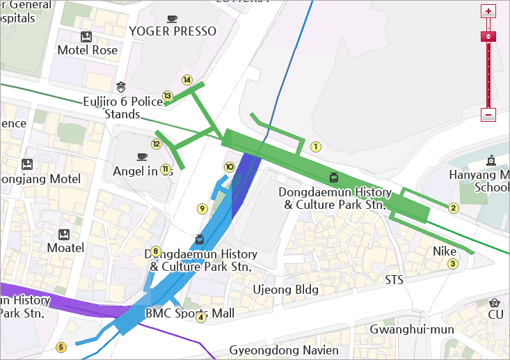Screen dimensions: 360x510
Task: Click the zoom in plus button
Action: tap(488, 11)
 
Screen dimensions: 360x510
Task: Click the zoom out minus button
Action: tap(488, 115)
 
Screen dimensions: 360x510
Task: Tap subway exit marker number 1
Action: tap(315, 146)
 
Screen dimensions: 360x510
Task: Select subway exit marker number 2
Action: tap(454, 208)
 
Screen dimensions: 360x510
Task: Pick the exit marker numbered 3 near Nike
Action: tap(452, 263)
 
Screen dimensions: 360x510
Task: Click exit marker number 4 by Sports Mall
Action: tap(201, 318)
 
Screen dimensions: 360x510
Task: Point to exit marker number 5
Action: tap(61, 347)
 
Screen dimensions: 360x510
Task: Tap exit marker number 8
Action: tap(156, 251)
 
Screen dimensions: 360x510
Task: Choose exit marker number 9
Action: tap(202, 208)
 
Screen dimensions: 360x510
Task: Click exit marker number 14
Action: tap(186, 79)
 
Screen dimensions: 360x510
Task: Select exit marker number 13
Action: tap(167, 96)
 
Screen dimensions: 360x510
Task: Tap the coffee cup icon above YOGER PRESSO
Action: tap(173, 19)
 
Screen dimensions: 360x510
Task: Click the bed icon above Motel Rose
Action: tap(86, 36)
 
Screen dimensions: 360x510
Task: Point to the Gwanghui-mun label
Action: tap(412, 329)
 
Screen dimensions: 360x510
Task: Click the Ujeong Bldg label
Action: tap(285, 289)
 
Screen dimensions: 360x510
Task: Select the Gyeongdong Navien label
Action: tap(284, 350)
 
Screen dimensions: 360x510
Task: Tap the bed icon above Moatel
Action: tap(65, 233)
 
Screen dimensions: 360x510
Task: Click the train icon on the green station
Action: tap(333, 177)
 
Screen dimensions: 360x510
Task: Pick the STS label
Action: tap(394, 279)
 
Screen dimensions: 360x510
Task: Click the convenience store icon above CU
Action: tap(495, 303)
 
